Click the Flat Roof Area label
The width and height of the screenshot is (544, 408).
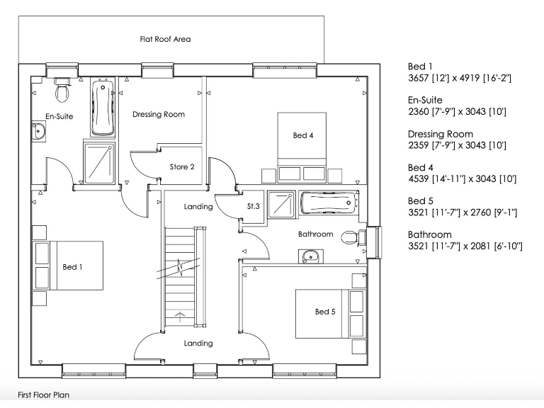pos(164,39)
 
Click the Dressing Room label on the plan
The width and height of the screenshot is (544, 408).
pos(159,114)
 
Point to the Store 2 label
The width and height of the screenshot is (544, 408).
pos(182,167)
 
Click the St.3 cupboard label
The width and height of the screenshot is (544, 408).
pos(253,206)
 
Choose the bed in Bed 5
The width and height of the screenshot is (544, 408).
pos(322,312)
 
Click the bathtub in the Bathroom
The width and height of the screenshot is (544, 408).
pos(328,203)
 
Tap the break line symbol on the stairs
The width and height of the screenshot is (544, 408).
pos(182,268)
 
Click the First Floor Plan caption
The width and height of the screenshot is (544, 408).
pos(44,395)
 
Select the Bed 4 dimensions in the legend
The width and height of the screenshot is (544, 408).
pos(462,179)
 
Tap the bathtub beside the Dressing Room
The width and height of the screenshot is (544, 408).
pos(103,108)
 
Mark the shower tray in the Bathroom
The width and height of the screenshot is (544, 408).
pos(281,204)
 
